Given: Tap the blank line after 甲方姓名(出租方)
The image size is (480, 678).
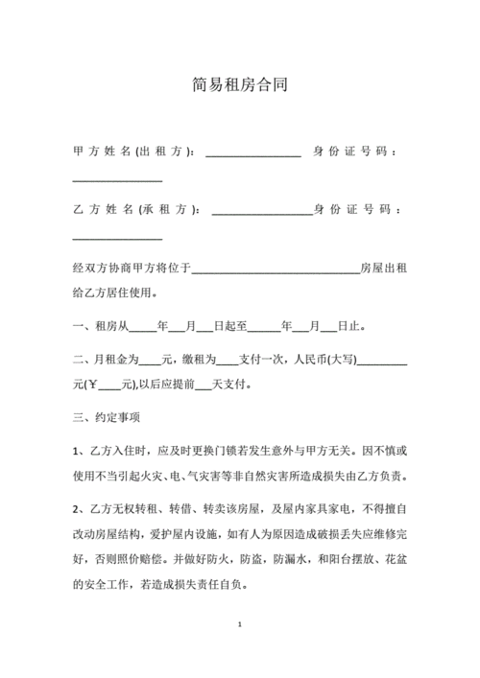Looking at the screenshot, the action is click(253, 153).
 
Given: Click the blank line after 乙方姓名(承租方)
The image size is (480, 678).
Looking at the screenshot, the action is click(261, 211).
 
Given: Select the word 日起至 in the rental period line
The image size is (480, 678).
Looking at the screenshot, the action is click(233, 327).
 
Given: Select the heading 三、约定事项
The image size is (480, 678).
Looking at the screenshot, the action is click(107, 418).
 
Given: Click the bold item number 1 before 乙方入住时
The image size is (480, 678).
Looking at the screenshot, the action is click(76, 451).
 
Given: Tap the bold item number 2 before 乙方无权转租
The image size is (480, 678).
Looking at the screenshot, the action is click(76, 507).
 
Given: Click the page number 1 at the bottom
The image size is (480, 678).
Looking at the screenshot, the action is click(240, 625).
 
